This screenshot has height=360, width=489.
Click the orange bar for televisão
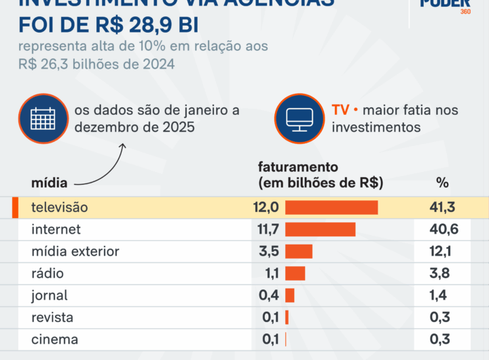coord(331,207)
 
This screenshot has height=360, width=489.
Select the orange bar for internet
coord(321,230)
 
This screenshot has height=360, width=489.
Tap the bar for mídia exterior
coord(299,251)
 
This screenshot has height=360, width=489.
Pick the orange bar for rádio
coord(295,273)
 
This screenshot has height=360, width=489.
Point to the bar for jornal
coord(290,295)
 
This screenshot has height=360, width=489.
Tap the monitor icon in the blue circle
coord(299,118)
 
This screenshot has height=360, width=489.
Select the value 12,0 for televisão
coord(266,207)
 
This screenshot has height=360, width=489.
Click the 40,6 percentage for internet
coord(445,230)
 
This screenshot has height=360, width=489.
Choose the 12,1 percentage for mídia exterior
coord(445,251)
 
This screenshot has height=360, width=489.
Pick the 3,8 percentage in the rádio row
coord(445,273)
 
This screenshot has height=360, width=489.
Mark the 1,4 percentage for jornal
coord(445,295)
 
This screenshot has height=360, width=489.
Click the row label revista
coord(52,317)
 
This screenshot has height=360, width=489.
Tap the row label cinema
coord(54,339)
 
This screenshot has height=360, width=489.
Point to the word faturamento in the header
coord(298,166)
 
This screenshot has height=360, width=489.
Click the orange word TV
coord(340,110)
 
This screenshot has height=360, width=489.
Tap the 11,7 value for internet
coord(266,230)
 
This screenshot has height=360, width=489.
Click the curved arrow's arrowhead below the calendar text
coord(123,145)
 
